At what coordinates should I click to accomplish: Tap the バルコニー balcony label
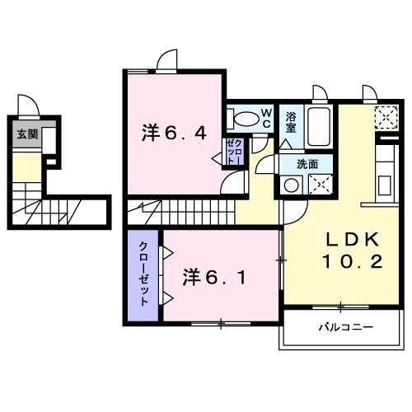(x=346, y=327)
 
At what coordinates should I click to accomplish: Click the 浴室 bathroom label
(x=292, y=122)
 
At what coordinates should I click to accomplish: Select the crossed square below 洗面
(x=320, y=185)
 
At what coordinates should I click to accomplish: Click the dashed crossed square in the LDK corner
(x=385, y=118)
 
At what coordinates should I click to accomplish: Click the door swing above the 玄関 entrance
(x=27, y=105)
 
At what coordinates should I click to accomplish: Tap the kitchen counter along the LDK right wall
(x=386, y=169)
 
